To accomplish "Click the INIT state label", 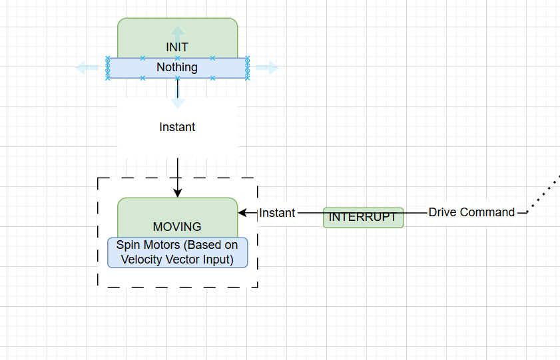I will [x=177, y=47].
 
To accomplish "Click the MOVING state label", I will [x=177, y=227].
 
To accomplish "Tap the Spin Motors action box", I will [x=177, y=253].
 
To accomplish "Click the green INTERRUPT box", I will [x=364, y=218].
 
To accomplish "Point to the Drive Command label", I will [x=471, y=212].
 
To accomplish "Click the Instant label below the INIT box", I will [x=177, y=127].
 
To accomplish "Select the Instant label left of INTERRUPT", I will [x=277, y=213].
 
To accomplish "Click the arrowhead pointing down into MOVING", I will [x=178, y=193].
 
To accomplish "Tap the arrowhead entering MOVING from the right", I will [x=243, y=213].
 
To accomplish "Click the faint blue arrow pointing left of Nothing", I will [x=87, y=67].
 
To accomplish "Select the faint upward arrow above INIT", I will [x=178, y=31].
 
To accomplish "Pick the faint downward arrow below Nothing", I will [x=178, y=102].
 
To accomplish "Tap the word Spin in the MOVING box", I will [x=128, y=246].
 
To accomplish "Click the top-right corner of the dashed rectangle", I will [x=257, y=178].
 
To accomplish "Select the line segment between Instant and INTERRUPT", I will [x=310, y=213].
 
